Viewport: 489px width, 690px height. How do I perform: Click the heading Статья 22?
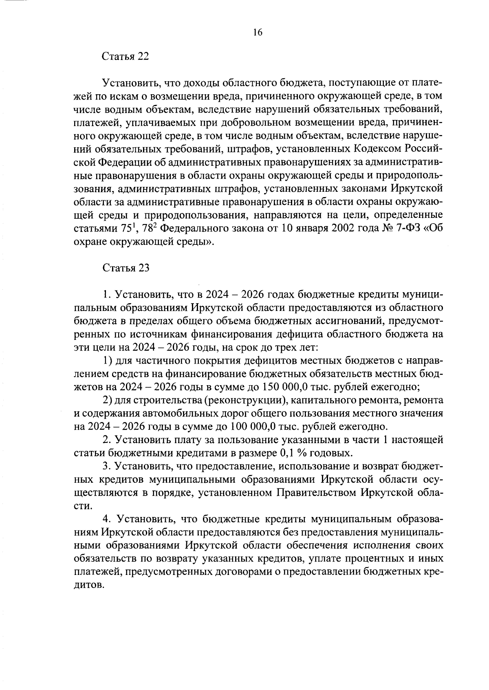tap(125, 57)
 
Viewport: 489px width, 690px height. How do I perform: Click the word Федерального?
tap(195, 229)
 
